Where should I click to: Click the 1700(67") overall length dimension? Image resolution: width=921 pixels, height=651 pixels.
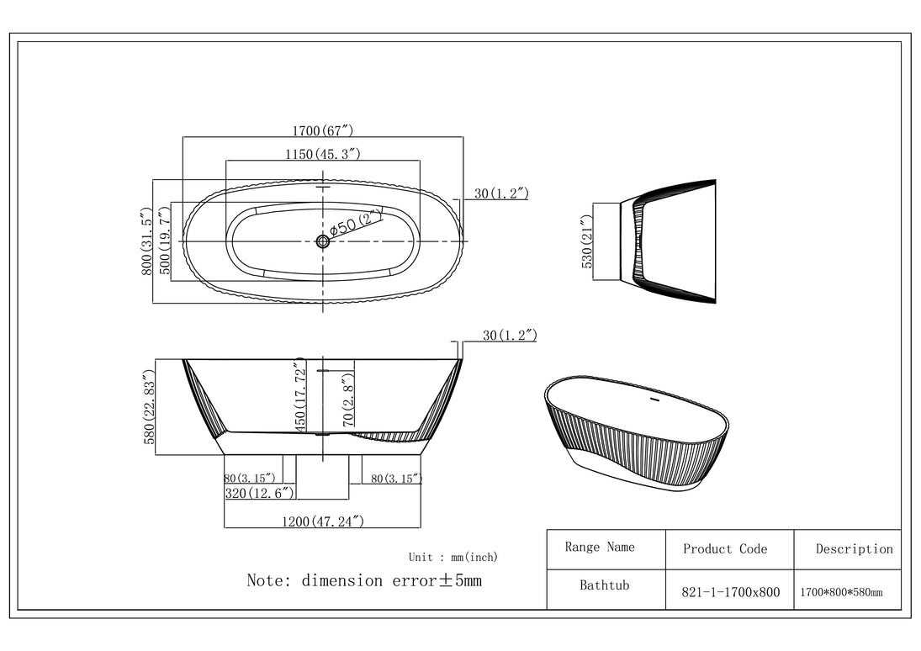tap(322, 130)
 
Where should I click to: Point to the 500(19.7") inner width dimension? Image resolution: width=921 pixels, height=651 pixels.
tap(165, 241)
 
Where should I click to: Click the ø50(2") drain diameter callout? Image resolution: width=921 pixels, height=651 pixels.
tap(356, 223)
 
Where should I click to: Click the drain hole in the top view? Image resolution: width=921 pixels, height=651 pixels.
tap(323, 241)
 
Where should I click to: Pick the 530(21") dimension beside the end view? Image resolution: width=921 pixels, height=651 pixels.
tap(588, 241)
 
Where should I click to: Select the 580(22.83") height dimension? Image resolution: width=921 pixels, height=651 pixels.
tap(150, 407)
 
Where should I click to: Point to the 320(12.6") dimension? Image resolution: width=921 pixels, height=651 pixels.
tap(261, 493)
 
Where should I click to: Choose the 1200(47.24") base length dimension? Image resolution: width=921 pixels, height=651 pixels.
tap(323, 521)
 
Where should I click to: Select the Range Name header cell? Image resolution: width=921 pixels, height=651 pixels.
tap(600, 548)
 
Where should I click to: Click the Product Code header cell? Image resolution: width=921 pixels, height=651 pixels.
tap(725, 549)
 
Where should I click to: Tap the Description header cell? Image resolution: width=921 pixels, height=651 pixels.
tap(854, 549)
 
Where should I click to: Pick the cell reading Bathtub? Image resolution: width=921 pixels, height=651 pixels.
tap(604, 585)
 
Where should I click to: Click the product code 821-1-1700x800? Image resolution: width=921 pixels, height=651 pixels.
tap(729, 592)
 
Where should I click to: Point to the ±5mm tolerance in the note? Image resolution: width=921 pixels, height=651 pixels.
tap(459, 580)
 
